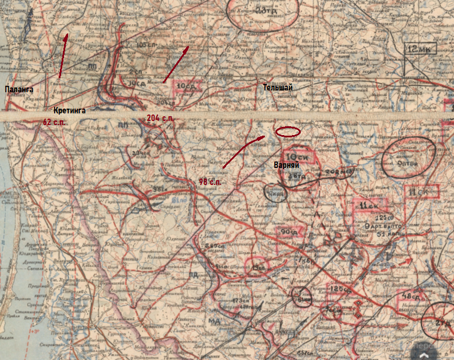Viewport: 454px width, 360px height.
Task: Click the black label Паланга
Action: tap(19, 90)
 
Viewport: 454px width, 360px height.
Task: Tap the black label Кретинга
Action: tap(69, 110)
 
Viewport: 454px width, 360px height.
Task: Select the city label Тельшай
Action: tap(278, 88)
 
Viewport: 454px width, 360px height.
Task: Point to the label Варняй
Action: tap(287, 165)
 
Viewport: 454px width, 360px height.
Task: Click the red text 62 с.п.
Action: tap(54, 122)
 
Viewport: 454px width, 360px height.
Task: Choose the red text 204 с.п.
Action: tap(160, 119)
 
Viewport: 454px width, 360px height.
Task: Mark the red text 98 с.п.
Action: tap(210, 182)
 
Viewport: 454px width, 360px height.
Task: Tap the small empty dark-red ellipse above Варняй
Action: tap(288, 132)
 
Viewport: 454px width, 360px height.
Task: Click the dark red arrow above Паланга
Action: tap(63, 56)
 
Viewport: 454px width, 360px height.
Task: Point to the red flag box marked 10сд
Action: tap(187, 86)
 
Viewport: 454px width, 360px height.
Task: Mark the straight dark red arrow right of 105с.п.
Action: tap(176, 64)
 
